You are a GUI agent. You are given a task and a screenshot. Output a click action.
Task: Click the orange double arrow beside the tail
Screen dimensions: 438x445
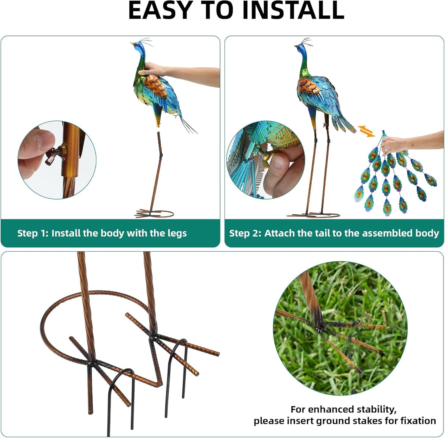coord(366,131)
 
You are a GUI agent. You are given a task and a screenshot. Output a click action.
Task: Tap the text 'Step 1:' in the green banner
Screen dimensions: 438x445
coord(33,233)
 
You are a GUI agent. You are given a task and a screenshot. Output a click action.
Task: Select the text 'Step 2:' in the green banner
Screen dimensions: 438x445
coord(245,233)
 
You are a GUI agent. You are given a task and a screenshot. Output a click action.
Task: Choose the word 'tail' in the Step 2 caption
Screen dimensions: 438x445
coord(322,233)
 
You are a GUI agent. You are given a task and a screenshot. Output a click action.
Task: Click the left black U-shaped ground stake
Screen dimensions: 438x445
coord(121,388)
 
